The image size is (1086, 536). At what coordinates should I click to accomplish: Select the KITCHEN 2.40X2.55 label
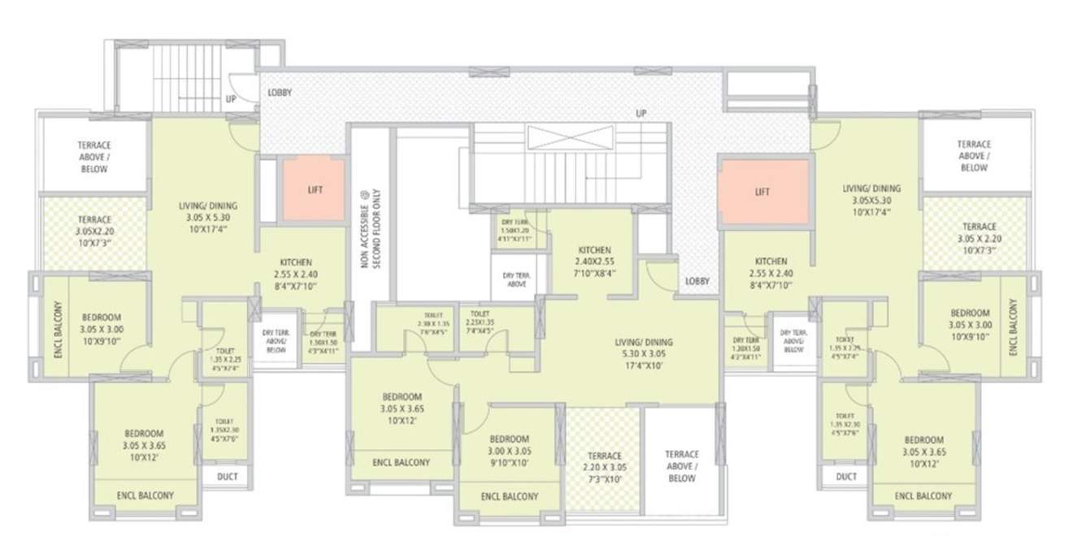click(x=594, y=261)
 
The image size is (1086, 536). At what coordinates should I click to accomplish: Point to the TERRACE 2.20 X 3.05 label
click(x=604, y=461)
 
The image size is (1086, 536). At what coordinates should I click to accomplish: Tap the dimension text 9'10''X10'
click(x=510, y=464)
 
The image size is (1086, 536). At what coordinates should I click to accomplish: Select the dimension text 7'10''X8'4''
click(x=594, y=273)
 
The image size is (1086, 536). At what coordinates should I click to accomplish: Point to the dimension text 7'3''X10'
click(x=604, y=480)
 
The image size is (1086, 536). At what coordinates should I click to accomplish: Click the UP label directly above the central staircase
click(x=641, y=114)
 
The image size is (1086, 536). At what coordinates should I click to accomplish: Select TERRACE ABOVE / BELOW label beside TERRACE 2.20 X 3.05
click(x=681, y=466)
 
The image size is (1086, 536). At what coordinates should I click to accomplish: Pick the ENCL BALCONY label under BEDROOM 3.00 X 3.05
click(x=509, y=496)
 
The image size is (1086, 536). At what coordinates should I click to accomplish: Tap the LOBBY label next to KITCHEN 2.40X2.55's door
click(x=697, y=281)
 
